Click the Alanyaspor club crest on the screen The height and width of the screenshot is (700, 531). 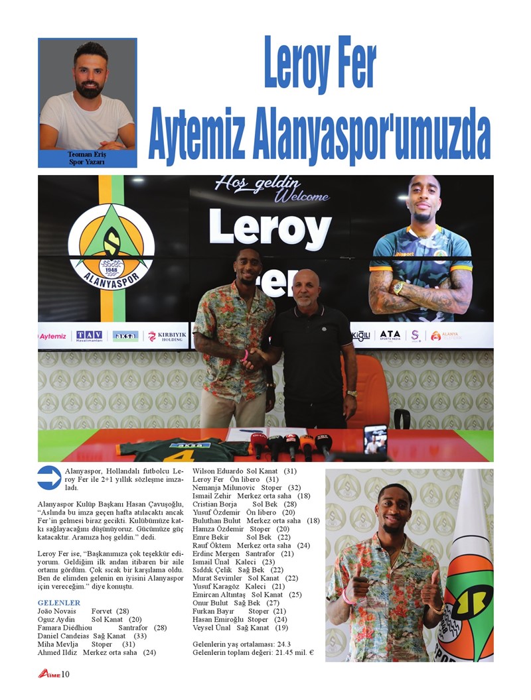pos(111,245)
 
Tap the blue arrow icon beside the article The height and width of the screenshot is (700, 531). pos(49,477)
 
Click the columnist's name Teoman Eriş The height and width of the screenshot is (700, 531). pos(87,154)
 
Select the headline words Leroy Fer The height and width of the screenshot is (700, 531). pos(320,63)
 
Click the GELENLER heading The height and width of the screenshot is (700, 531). pos(59,603)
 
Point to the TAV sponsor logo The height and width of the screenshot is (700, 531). pos(89,335)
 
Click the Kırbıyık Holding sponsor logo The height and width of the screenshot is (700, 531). pos(166,336)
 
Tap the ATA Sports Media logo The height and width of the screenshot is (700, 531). pos(390,335)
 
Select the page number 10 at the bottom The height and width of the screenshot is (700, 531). pos(65,675)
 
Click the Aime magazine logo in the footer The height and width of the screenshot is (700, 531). pos(48,675)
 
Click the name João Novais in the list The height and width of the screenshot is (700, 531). pos(57,611)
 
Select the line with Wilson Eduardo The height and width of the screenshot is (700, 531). pos(244,471)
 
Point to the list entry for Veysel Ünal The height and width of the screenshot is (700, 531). pos(240,628)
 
